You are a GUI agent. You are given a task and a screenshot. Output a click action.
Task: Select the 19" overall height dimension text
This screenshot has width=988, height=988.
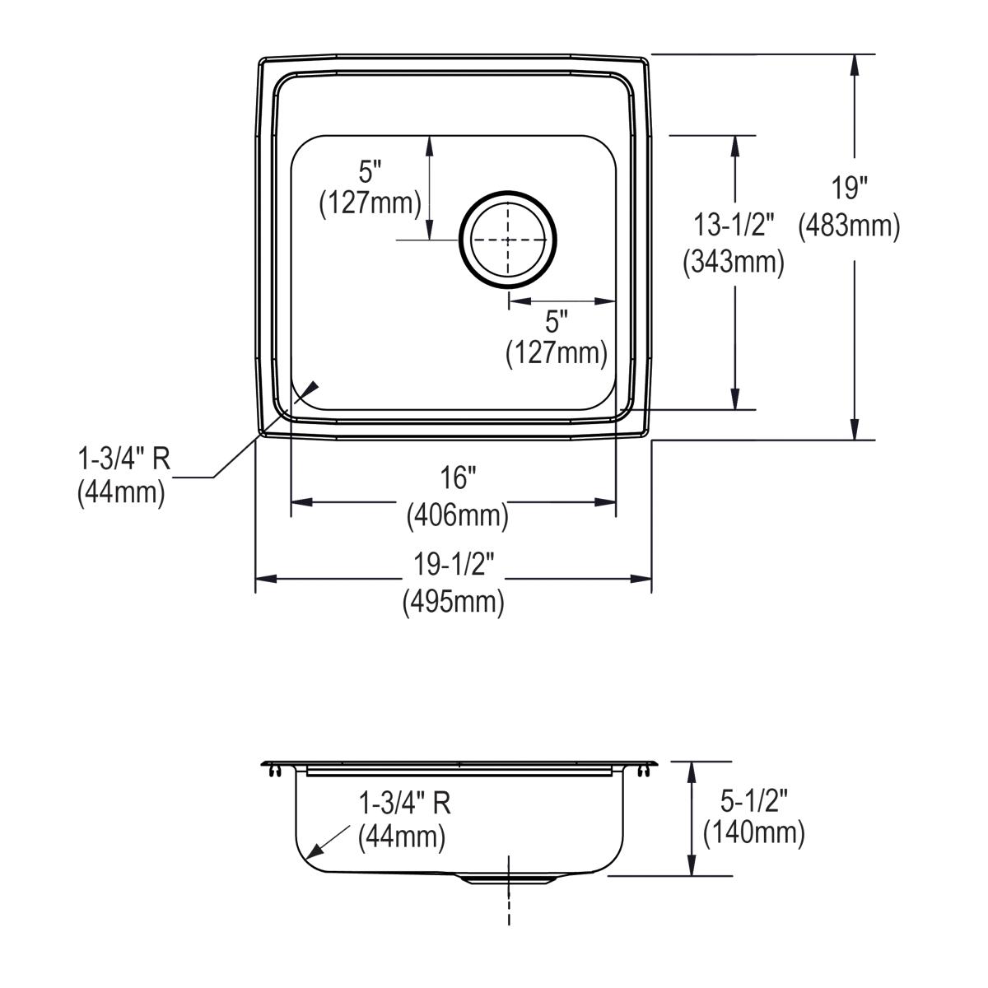[x=849, y=189]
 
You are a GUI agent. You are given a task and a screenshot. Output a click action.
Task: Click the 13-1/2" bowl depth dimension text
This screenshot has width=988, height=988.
[x=733, y=225]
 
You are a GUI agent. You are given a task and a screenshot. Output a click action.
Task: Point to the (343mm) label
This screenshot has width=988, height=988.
[x=733, y=262]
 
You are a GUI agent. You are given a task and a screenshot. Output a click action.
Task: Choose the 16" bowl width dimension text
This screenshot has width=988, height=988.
[x=457, y=478]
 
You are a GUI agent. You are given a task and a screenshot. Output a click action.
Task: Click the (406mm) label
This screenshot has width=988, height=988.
[x=457, y=516]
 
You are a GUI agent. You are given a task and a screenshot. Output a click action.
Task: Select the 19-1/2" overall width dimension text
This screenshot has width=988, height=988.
[x=454, y=566]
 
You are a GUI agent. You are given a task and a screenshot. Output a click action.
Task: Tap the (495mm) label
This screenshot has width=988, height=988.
[x=454, y=603]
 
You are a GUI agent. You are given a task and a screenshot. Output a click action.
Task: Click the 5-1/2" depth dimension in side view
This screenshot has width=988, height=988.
[x=753, y=798]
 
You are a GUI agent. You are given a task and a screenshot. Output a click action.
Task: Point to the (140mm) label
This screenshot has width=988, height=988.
[x=753, y=834]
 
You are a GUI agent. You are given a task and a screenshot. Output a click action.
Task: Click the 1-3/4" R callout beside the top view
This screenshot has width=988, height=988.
[x=123, y=458]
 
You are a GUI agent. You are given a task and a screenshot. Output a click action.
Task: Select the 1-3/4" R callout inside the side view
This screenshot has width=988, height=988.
[x=404, y=803]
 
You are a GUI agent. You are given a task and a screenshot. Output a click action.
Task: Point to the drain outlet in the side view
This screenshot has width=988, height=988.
[x=508, y=878]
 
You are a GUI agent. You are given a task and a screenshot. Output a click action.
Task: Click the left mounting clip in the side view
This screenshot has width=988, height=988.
[x=273, y=771]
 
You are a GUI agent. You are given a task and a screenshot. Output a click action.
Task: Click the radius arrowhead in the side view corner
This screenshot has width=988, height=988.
[x=310, y=854]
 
